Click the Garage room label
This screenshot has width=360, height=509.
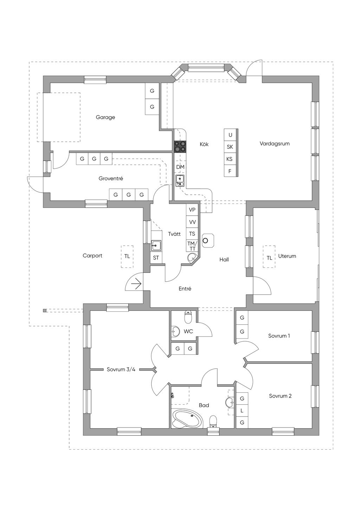105,117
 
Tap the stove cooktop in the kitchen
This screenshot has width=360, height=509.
180,147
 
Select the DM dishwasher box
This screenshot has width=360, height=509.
180,167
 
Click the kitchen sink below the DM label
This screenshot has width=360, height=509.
180,181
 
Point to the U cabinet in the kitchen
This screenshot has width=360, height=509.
230,135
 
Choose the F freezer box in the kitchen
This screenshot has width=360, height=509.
230,171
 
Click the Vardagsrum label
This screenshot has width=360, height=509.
275,144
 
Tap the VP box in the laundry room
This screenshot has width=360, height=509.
192,210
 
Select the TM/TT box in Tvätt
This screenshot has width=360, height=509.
192,246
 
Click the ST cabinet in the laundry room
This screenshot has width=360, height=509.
156,258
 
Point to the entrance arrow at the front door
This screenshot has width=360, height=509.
137,284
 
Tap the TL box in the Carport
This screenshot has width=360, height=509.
127,256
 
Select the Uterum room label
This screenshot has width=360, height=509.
287,256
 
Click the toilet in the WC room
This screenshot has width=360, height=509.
188,317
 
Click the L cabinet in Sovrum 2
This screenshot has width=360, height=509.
242,411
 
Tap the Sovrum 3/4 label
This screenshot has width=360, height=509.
121,369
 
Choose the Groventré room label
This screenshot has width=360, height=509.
111,178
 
